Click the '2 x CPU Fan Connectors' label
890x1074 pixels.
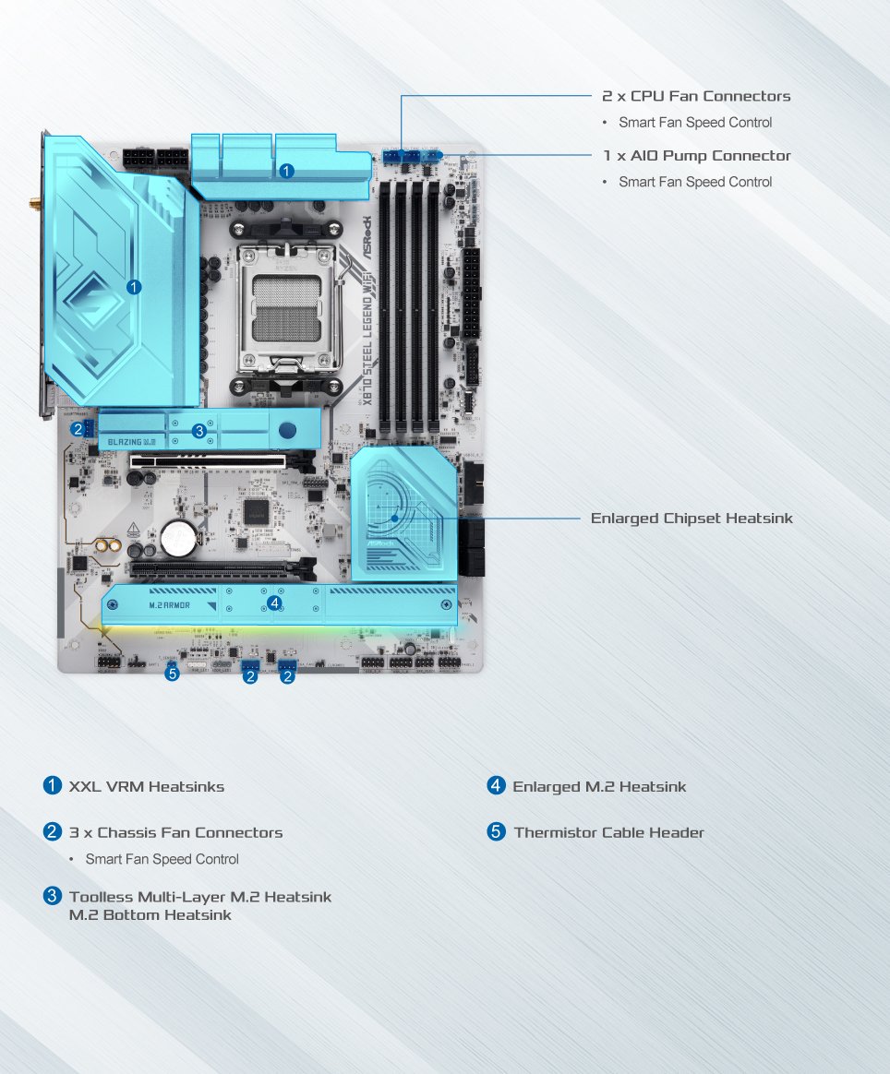point(696,96)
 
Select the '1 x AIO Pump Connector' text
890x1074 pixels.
point(697,156)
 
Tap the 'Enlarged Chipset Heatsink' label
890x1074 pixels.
point(692,519)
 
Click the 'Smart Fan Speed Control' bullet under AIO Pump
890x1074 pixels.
point(695,182)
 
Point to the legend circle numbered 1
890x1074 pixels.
point(53,786)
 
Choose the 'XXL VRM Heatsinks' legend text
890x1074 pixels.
point(147,787)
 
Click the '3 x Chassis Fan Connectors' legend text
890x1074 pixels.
point(175,832)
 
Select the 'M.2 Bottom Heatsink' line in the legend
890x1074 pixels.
point(150,915)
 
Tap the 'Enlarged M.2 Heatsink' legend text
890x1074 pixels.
point(599,787)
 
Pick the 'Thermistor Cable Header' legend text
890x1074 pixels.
point(608,832)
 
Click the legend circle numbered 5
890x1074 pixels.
point(497,832)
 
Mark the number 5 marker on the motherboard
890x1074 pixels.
point(172,674)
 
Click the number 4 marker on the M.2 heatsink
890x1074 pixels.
point(273,603)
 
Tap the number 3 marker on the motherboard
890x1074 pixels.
point(198,431)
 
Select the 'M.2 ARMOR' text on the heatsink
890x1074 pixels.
point(169,605)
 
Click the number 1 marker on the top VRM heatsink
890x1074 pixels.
point(286,171)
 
